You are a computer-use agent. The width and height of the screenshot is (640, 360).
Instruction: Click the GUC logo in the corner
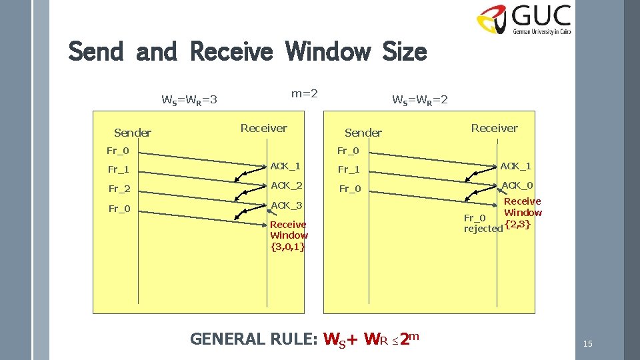click(x=524, y=19)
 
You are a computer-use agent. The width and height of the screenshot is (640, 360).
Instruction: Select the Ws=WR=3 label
click(x=190, y=101)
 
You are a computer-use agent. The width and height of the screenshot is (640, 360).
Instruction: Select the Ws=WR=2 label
click(x=420, y=101)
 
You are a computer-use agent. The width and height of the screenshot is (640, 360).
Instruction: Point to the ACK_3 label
click(x=286, y=205)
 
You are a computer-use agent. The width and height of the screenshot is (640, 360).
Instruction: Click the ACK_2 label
click(x=286, y=185)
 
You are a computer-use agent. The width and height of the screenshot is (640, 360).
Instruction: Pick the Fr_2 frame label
click(x=119, y=189)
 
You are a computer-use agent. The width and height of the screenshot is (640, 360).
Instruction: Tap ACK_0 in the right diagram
click(x=517, y=185)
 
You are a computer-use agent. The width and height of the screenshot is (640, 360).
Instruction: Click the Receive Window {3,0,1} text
click(x=289, y=235)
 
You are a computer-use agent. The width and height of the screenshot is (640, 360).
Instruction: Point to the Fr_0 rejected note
click(x=483, y=223)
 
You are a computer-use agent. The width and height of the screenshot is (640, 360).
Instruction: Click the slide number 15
click(x=587, y=344)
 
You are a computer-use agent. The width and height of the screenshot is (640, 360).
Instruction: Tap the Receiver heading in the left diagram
click(x=263, y=128)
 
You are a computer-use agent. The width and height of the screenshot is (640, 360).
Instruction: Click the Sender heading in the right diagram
click(x=363, y=133)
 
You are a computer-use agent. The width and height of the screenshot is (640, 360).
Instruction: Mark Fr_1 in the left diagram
click(x=119, y=169)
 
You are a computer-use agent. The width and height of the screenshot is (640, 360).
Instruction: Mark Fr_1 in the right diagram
click(x=349, y=169)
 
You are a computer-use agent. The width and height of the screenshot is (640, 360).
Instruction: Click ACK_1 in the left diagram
click(x=286, y=165)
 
